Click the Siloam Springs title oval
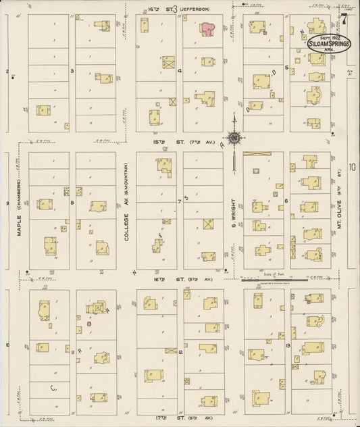click(x=329, y=42)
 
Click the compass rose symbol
click(x=234, y=138)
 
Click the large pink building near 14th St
click(x=207, y=28)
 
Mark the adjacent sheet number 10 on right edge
click(x=352, y=166)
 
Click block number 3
click(x=72, y=70)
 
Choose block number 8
click(x=72, y=201)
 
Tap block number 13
click(x=288, y=345)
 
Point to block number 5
click(x=286, y=68)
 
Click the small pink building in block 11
click(x=88, y=324)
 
